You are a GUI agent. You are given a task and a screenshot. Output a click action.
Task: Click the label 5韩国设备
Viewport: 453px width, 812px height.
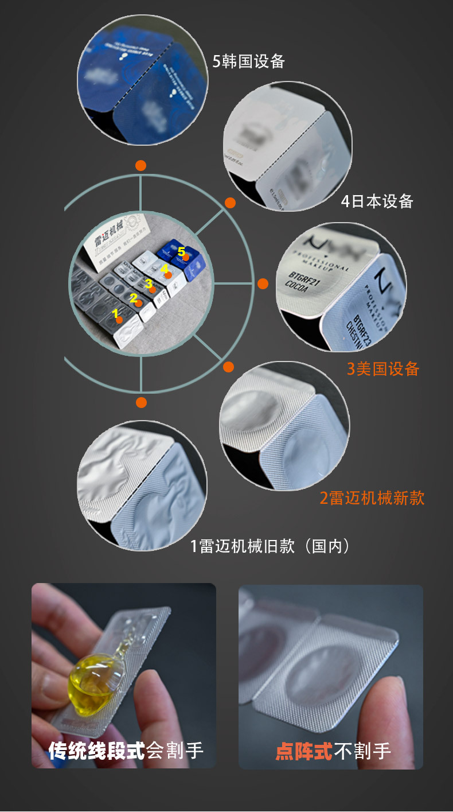249,61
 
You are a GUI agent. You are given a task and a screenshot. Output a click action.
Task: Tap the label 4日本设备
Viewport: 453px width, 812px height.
377,201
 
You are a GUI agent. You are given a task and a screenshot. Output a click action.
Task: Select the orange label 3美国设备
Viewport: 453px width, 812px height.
383,368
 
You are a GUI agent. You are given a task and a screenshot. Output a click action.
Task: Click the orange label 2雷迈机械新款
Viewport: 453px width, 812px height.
372,498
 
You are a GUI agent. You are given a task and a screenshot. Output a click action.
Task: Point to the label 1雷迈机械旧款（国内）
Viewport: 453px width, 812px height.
270,546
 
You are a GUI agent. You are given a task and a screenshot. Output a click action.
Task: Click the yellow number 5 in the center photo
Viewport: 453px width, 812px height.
181,251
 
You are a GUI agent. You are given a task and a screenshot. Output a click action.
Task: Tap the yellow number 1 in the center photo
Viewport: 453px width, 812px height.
115,313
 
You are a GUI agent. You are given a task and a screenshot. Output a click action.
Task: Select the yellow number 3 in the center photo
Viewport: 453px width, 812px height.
149,283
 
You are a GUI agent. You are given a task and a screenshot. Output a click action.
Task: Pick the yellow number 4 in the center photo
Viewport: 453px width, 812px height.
164,268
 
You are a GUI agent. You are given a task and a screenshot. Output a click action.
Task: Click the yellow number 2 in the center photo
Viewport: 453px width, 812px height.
133,298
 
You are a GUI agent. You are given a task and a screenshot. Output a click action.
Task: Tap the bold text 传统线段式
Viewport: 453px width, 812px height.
96,751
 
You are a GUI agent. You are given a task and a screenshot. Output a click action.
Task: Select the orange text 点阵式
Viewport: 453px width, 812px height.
304,751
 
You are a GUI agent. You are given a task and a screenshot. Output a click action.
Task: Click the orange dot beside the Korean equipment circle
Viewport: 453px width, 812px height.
140,166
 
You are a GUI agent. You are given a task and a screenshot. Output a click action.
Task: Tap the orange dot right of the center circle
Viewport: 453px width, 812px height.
263,283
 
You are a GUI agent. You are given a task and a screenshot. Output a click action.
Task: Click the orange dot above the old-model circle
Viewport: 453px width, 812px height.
141,402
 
